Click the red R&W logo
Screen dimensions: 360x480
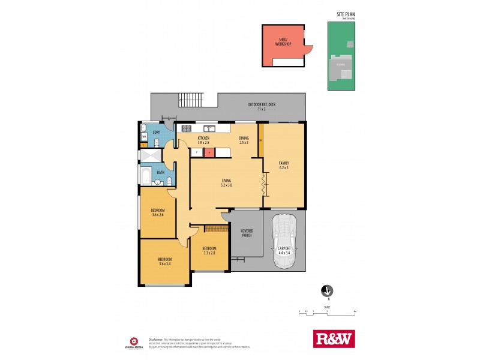pos(334,338)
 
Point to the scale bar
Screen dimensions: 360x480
pos(327,313)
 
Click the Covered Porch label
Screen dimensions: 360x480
pos(246,233)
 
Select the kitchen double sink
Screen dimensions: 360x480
pos(209,128)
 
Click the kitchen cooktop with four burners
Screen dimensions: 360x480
pos(185,128)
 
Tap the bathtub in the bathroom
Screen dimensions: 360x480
pos(146,176)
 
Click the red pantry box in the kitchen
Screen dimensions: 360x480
pos(208,152)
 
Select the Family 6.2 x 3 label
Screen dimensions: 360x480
pos(284,165)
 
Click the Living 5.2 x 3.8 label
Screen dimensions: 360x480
pos(226,182)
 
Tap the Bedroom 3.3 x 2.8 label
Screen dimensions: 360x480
pos(209,251)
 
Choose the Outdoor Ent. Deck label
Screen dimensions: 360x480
pos(261,107)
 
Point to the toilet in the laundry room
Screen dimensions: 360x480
pos(155,142)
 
